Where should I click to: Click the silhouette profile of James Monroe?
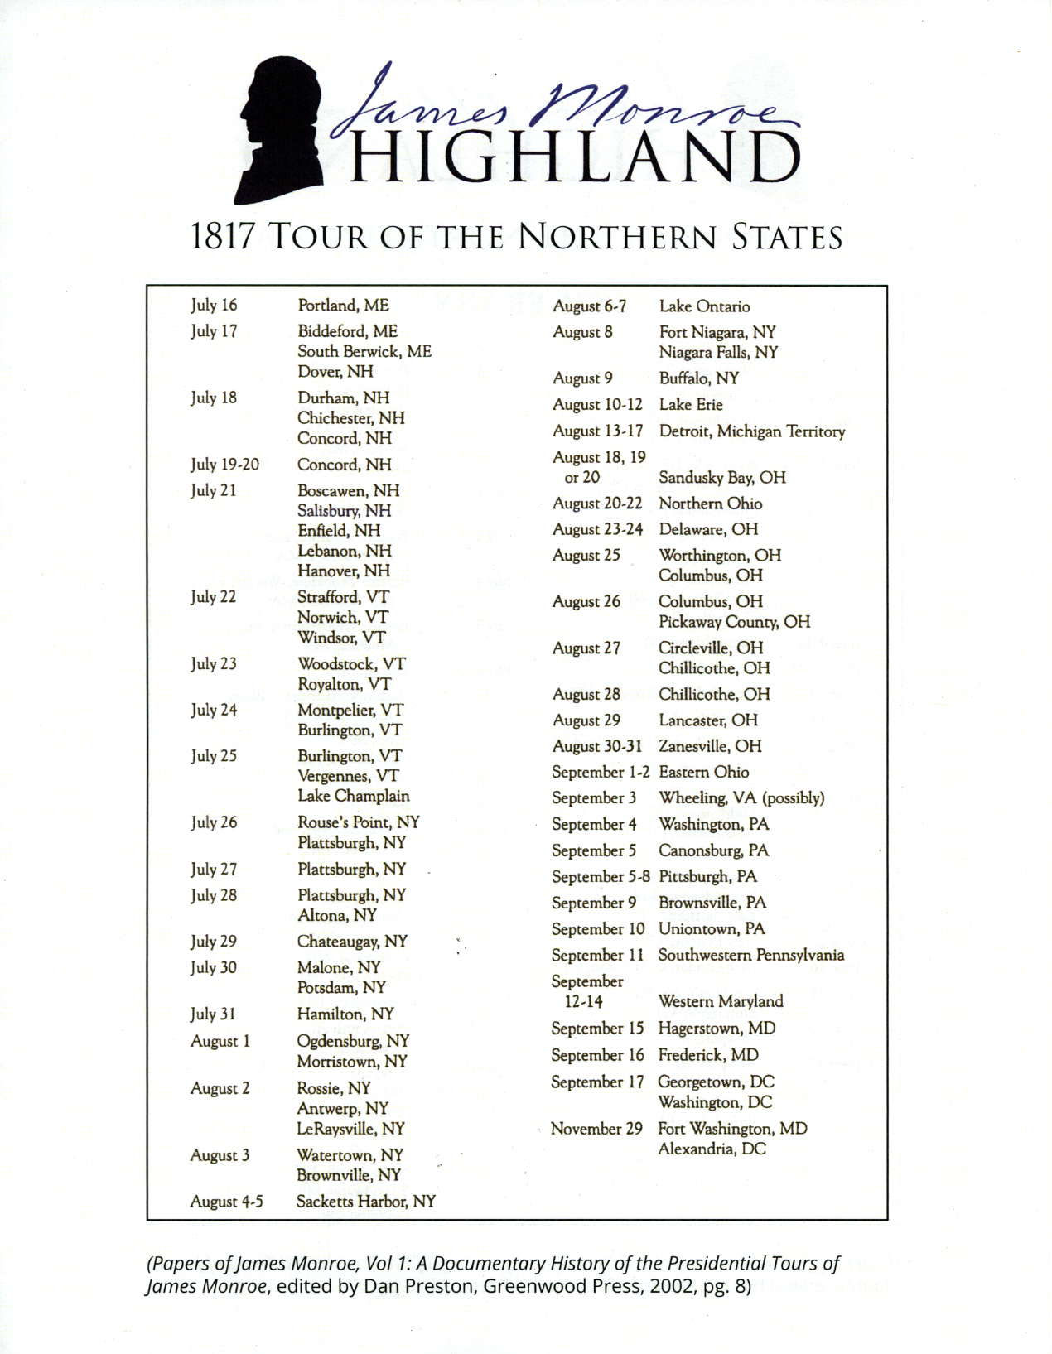click(277, 133)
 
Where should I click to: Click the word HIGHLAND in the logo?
click(575, 158)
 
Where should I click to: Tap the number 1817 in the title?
click(221, 238)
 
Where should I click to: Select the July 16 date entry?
click(214, 305)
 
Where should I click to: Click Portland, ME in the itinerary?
click(343, 305)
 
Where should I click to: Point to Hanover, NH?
click(343, 571)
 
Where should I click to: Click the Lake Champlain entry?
click(353, 796)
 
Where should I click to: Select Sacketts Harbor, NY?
click(365, 1201)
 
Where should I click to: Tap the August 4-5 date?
click(226, 1202)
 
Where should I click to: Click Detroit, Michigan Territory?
click(751, 431)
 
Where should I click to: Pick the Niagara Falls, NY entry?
click(718, 352)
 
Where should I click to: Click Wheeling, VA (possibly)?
click(741, 798)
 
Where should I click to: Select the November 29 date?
click(596, 1129)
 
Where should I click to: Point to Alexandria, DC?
click(712, 1149)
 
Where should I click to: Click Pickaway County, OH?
click(734, 622)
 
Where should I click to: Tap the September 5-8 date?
click(601, 876)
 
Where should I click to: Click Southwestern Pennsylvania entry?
click(750, 955)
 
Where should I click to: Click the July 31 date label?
click(213, 1014)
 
